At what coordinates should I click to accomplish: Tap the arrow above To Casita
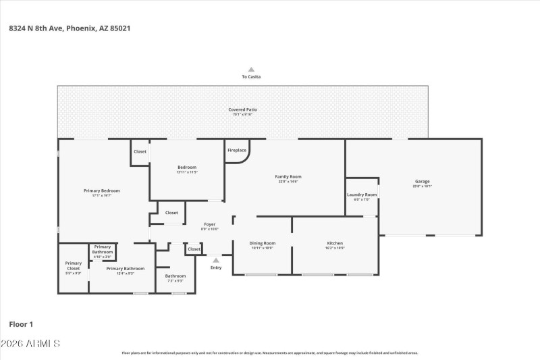pyautogui.click(x=251, y=69)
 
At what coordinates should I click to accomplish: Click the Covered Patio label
pyautogui.click(x=242, y=109)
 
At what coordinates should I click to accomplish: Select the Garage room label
pyautogui.click(x=422, y=181)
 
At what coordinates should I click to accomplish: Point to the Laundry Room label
pyautogui.click(x=362, y=195)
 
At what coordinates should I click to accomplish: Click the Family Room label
pyautogui.click(x=288, y=176)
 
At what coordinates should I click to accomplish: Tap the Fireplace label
pyautogui.click(x=237, y=150)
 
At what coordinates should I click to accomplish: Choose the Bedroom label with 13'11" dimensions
pyautogui.click(x=187, y=167)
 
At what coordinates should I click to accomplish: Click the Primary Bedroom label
pyautogui.click(x=101, y=190)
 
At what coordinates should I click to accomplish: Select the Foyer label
pyautogui.click(x=210, y=224)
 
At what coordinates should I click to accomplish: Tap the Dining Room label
pyautogui.click(x=263, y=243)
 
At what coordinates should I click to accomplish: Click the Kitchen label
pyautogui.click(x=335, y=243)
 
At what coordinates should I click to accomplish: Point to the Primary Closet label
pyautogui.click(x=73, y=263)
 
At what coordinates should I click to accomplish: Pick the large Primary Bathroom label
pyautogui.click(x=126, y=268)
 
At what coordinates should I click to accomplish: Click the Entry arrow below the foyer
pyautogui.click(x=216, y=259)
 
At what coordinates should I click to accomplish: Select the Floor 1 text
pyautogui.click(x=21, y=324)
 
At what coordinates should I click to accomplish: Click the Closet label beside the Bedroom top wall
pyautogui.click(x=140, y=151)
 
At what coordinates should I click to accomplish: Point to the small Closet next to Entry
pyautogui.click(x=194, y=249)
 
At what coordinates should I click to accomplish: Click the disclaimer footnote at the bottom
pyautogui.click(x=269, y=353)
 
